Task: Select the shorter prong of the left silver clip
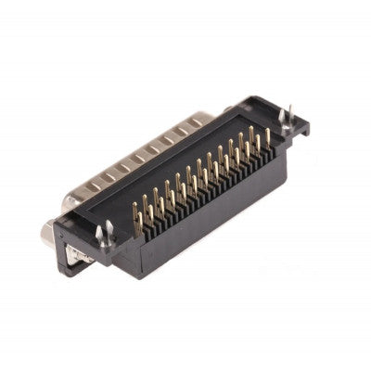click(x=99, y=234)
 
